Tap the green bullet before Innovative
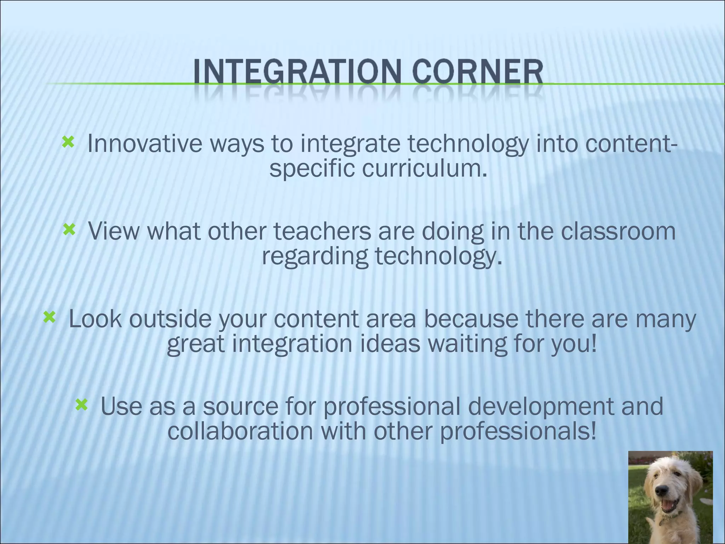pos(68,142)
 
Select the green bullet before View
pos(69,231)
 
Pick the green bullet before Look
pos(49,317)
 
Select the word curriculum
pos(425,169)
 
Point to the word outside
pos(170,318)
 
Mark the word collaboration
pos(240,431)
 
